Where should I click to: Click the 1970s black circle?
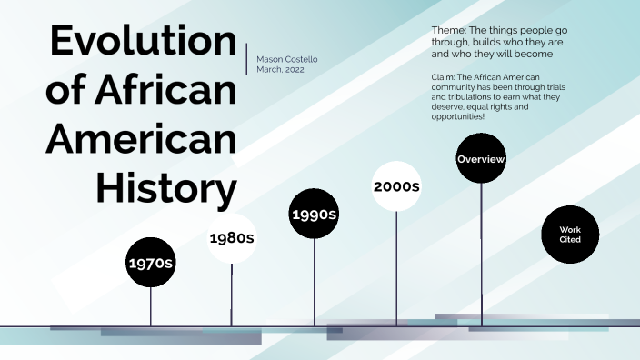tap(151, 263)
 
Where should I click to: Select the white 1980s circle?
tap(231, 238)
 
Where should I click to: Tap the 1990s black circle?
tap(314, 215)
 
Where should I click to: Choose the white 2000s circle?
tap(396, 186)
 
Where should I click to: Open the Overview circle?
tap(481, 159)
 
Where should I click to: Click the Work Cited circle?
tap(570, 235)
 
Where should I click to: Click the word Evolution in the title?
tap(143, 43)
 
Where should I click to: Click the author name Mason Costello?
tap(287, 59)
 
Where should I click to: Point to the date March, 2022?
tap(282, 69)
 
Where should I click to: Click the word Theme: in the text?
tap(449, 30)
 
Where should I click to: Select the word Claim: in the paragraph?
tap(446, 77)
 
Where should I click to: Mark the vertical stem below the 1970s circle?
tap(151, 306)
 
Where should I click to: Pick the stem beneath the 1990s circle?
tap(315, 283)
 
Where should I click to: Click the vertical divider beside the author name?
tap(246, 58)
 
